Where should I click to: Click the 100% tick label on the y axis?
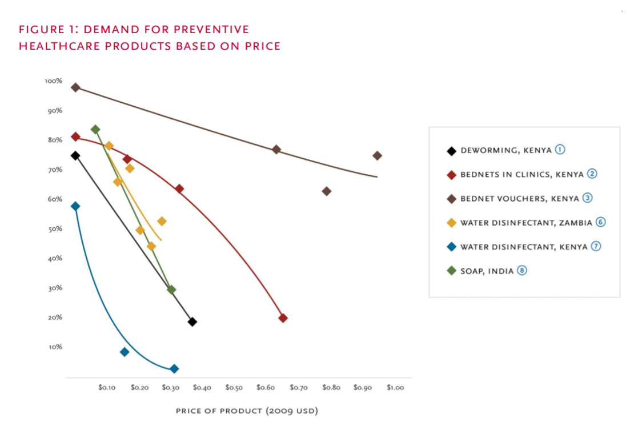[53, 81]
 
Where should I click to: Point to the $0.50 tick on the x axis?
[234, 387]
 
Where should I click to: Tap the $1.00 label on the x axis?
[395, 387]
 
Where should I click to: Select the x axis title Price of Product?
[246, 411]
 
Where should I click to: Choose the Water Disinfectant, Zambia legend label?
[525, 223]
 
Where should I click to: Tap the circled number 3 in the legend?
[588, 198]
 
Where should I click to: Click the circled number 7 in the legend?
[596, 247]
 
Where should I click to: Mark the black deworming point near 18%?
[192, 322]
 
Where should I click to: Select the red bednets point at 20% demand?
[283, 318]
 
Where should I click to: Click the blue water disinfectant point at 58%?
[75, 206]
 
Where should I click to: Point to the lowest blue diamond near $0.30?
[174, 369]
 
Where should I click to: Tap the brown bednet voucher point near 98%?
[75, 87]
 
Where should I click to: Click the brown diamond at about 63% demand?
[327, 191]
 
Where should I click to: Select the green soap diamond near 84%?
[95, 130]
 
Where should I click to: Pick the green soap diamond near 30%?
[171, 290]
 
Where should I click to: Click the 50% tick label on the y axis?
[55, 229]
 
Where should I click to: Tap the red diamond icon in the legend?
[451, 175]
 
